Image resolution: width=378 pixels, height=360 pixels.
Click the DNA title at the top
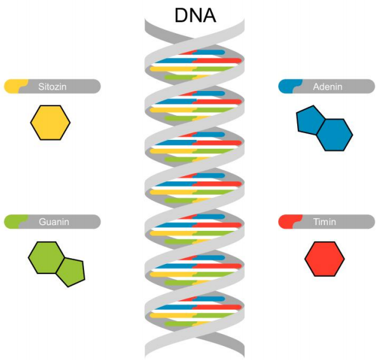[195, 15]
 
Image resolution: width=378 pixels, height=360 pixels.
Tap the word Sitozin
[52, 87]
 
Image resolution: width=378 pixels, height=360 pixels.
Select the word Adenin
[328, 87]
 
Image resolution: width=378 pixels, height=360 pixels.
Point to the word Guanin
[54, 222]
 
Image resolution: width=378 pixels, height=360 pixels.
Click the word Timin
[325, 222]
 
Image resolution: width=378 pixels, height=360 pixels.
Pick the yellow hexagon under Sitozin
[50, 123]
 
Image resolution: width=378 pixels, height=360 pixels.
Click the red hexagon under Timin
[325, 259]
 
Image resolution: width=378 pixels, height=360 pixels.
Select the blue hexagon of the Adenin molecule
[335, 135]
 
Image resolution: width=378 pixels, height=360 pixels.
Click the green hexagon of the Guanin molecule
[46, 258]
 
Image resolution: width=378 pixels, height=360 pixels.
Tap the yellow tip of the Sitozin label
[15, 86]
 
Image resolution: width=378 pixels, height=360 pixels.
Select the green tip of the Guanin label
[15, 221]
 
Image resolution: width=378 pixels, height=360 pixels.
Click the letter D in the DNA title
[181, 15]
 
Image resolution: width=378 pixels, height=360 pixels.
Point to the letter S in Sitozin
[41, 87]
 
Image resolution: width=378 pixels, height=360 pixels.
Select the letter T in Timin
[316, 222]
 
